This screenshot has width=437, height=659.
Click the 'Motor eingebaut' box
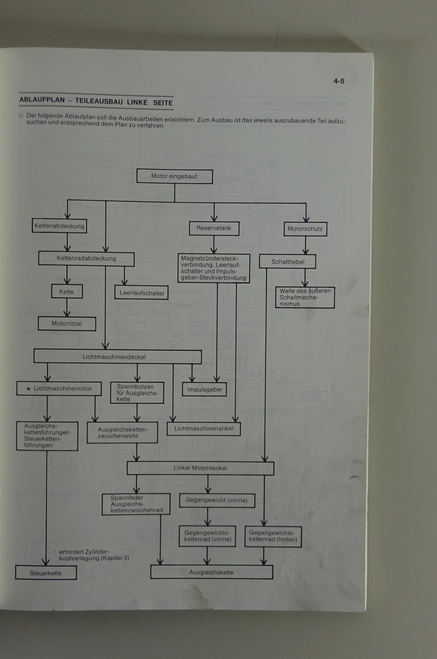click(x=175, y=176)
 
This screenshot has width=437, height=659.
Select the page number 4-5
click(x=339, y=81)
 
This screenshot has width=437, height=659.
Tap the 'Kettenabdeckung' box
click(x=59, y=226)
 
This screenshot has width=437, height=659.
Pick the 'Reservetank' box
click(x=214, y=228)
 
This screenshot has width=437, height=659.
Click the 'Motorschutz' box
click(x=305, y=229)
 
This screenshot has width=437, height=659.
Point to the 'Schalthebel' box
click(x=287, y=262)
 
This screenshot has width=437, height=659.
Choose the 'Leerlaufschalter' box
click(x=142, y=293)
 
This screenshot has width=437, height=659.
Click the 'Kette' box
click(x=67, y=292)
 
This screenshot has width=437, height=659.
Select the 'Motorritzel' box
click(x=67, y=324)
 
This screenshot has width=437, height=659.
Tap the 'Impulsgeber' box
click(x=205, y=389)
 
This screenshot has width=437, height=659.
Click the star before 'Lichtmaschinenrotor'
click(x=28, y=389)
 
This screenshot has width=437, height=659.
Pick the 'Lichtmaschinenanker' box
click(x=203, y=429)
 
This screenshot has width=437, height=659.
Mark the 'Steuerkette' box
click(x=46, y=573)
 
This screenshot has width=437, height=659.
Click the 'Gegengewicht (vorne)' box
click(x=217, y=500)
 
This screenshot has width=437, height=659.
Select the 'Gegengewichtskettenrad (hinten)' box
click(x=273, y=536)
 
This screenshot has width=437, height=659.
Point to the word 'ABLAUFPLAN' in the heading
click(x=42, y=100)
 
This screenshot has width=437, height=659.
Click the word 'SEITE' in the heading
click(x=163, y=103)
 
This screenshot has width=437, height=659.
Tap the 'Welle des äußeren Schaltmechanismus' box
click(x=305, y=297)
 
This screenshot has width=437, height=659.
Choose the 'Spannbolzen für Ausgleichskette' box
click(x=137, y=393)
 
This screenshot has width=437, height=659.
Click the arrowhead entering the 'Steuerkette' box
click(x=46, y=562)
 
